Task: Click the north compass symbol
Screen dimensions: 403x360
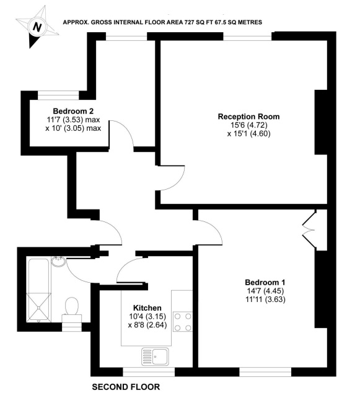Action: [x=38, y=27]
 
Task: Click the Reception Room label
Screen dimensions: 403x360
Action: [x=248, y=116]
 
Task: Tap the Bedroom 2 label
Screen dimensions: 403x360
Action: [x=69, y=111]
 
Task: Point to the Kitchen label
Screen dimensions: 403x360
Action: [x=147, y=308]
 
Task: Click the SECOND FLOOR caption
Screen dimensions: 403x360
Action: [x=126, y=387]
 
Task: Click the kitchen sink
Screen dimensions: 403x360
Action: [x=159, y=356]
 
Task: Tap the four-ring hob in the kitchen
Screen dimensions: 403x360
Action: [x=182, y=321]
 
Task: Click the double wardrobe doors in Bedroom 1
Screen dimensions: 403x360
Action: [x=310, y=229]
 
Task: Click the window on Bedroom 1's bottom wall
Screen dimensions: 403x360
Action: [x=265, y=372]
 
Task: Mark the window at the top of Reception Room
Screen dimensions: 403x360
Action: [x=248, y=37]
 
